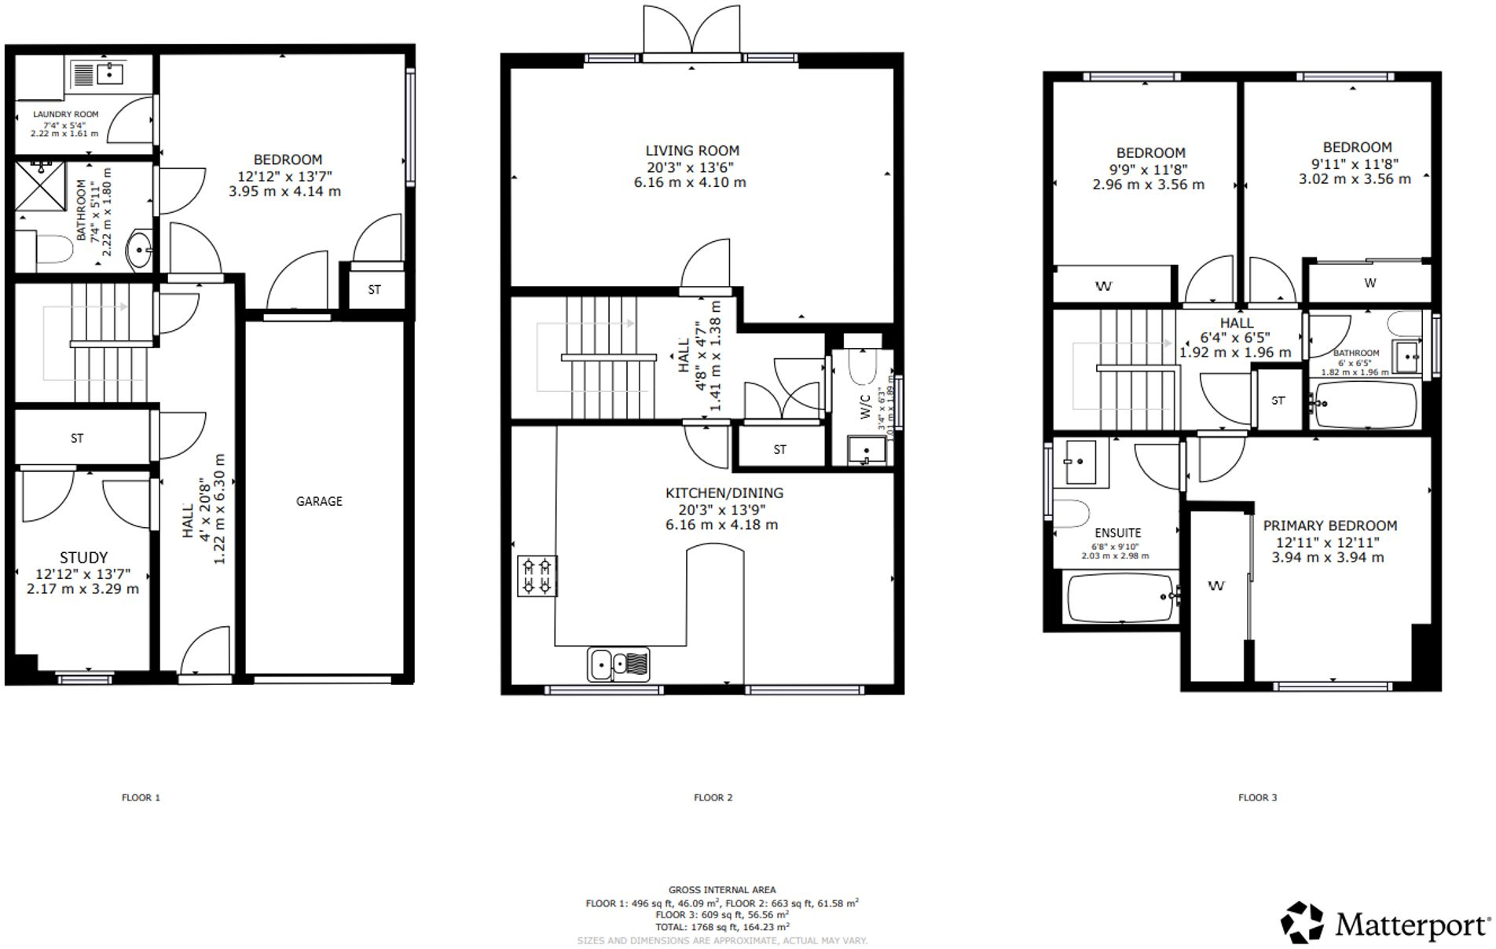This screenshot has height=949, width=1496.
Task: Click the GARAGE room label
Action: pos(319,501)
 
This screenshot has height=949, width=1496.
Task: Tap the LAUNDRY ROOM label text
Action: pos(66,114)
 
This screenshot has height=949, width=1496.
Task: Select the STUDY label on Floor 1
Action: pos(83,558)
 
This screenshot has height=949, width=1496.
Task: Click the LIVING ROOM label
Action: pos(692,151)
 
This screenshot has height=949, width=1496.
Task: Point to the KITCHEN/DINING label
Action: pos(724,493)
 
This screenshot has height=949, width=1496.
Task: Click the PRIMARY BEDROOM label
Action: pos(1329,526)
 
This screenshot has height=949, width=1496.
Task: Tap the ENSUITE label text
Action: pos(1116,533)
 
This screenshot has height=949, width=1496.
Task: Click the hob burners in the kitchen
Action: pos(537,576)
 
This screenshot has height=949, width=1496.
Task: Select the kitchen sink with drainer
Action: pos(618,665)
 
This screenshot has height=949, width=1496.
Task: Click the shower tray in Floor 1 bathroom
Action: pos(41,186)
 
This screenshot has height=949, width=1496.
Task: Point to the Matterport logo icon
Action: pos(1301,922)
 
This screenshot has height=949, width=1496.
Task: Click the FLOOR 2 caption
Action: pos(713,797)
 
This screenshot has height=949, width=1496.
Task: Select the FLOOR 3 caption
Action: pos(1257,797)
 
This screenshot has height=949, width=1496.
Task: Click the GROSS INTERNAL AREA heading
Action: pos(722,890)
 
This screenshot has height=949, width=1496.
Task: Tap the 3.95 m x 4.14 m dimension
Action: pos(284,191)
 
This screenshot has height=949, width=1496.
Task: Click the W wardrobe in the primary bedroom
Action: pos(1216,586)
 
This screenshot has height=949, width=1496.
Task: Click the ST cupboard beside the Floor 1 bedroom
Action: pos(375,290)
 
